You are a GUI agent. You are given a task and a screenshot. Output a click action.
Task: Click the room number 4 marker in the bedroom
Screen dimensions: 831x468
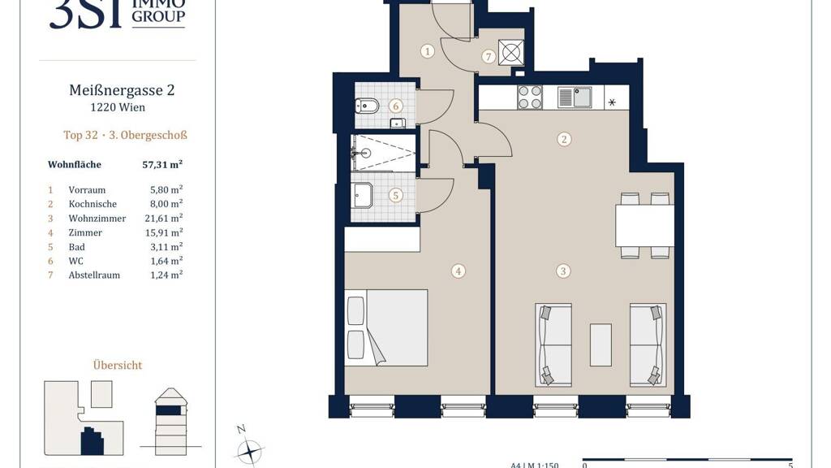coord(459,271)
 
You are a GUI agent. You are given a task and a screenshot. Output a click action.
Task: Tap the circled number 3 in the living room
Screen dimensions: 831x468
coord(563,271)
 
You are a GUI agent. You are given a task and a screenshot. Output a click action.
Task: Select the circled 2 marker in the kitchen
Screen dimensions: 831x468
coord(564,140)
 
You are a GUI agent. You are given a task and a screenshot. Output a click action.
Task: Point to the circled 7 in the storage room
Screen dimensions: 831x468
coord(489,56)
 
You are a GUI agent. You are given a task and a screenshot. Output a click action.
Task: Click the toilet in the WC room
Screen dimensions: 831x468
coord(367,106)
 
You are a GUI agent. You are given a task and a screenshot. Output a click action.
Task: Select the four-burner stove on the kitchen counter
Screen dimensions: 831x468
coord(529,97)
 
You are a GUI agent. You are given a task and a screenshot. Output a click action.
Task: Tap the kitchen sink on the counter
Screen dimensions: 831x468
coord(575,97)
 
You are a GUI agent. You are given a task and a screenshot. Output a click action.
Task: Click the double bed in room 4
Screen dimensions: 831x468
coord(385,327)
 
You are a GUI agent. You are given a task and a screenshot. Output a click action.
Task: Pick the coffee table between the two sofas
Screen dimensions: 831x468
coord(601,344)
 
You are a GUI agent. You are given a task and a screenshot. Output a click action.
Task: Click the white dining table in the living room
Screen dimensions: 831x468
coord(644,226)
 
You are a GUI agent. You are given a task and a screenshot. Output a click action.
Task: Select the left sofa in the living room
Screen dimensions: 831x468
coord(553,344)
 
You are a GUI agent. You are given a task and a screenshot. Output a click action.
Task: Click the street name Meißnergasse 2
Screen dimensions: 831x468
coord(122,90)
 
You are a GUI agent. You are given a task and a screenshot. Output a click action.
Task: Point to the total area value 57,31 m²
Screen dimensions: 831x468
coord(162,164)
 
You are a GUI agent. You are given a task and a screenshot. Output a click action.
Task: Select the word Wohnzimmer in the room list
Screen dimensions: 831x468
coord(97,219)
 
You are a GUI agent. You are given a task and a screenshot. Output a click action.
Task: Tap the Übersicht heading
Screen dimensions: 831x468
coord(118,365)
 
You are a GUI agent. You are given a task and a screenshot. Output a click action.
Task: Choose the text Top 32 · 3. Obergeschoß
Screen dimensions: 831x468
coord(125,136)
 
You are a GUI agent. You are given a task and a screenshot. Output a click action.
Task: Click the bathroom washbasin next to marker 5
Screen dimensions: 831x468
coord(363,196)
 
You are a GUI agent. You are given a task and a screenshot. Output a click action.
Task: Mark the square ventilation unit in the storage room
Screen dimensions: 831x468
coord(511,53)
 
